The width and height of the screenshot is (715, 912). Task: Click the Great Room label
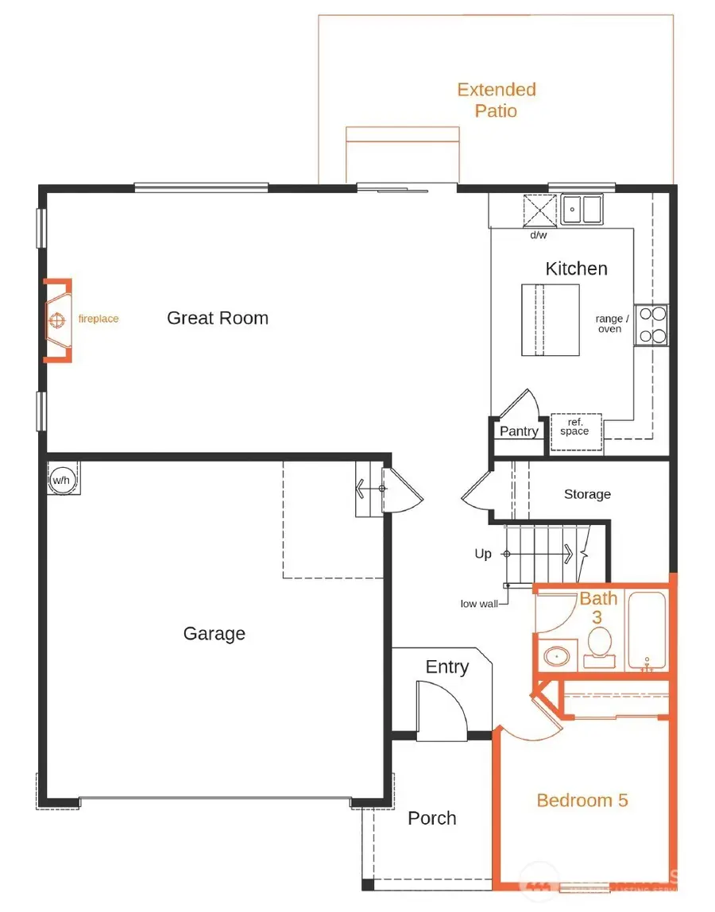coord(218,319)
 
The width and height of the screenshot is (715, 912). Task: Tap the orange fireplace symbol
coord(57,320)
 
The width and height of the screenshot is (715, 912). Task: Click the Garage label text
coord(214,634)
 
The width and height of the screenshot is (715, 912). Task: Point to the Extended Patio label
coord(497,100)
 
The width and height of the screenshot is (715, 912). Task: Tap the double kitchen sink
coord(581,211)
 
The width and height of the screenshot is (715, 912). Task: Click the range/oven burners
coord(651,325)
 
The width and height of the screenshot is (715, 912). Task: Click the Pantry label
coord(519,431)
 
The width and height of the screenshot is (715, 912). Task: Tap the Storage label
coord(587,494)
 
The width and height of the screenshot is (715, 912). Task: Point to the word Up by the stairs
coord(483,555)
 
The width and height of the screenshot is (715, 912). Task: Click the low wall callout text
coord(479,604)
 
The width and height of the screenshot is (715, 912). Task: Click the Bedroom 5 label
coord(582,800)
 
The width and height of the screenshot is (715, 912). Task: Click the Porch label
coord(432,818)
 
